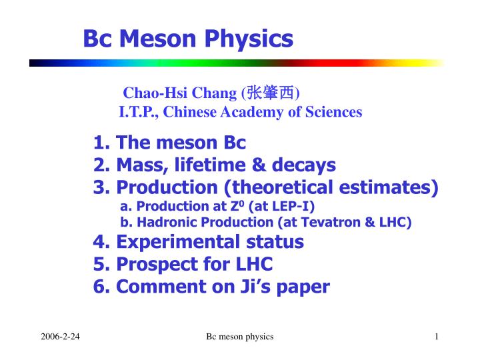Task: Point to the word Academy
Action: pyautogui.click(x=253, y=112)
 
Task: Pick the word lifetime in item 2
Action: pyautogui.click(x=216, y=165)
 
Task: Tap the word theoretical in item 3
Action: pyautogui.click(x=294, y=187)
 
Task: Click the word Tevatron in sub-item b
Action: pyautogui.click(x=335, y=223)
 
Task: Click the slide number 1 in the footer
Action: pyautogui.click(x=436, y=337)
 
